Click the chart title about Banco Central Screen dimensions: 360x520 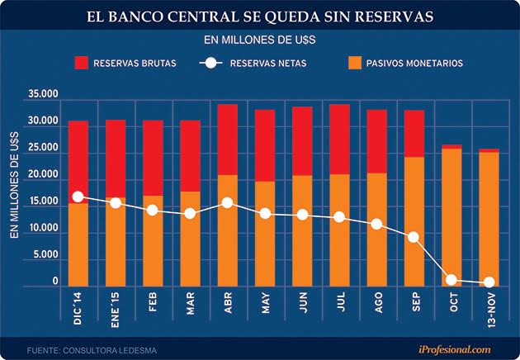(260, 16)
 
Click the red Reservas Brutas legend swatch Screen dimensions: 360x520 (81, 63)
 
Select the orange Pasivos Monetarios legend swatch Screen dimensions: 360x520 (356, 63)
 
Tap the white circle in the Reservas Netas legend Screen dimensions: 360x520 (211, 63)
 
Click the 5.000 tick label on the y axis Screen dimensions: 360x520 (45, 255)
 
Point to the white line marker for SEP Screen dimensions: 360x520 (414, 237)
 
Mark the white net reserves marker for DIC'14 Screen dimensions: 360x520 (78, 197)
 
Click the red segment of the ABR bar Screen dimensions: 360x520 (227, 139)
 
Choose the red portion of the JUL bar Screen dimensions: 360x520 (339, 139)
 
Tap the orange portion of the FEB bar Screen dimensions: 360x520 (153, 239)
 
